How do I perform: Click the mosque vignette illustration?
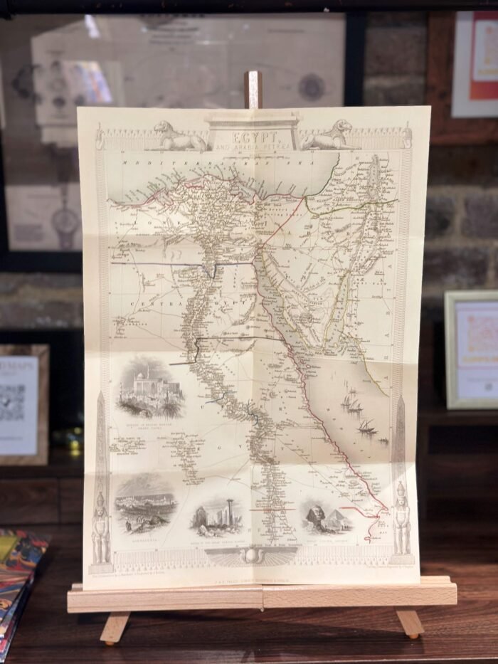click(151, 389)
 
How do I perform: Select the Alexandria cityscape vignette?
click(145, 503)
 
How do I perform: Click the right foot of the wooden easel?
click(410, 623)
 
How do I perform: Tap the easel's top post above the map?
click(253, 88)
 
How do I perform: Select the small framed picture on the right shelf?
click(471, 349)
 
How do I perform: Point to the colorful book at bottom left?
click(18, 576)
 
